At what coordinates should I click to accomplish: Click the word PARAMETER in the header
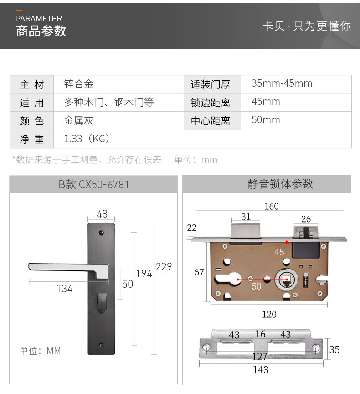[x=39, y=19]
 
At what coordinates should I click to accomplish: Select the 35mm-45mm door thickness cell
[x=282, y=83]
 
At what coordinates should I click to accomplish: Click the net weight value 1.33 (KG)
[x=87, y=139]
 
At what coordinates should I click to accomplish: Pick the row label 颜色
[x=31, y=121]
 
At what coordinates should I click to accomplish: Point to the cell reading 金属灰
[x=79, y=120]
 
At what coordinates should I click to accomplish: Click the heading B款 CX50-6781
[x=93, y=185]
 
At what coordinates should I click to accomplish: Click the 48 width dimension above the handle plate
[x=102, y=213]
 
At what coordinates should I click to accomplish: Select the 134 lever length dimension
[x=64, y=289]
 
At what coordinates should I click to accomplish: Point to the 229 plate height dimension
[x=164, y=266]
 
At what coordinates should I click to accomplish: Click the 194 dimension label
[x=144, y=274]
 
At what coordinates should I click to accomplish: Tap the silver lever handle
[x=68, y=269]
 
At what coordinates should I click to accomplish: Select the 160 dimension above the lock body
[x=271, y=206]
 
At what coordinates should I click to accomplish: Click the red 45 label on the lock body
[x=279, y=252]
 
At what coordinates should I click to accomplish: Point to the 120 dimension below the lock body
[x=269, y=314]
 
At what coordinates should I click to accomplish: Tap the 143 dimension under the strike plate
[x=260, y=370]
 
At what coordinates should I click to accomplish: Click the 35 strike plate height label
[x=334, y=350]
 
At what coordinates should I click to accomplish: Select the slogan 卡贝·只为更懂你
[x=307, y=26]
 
